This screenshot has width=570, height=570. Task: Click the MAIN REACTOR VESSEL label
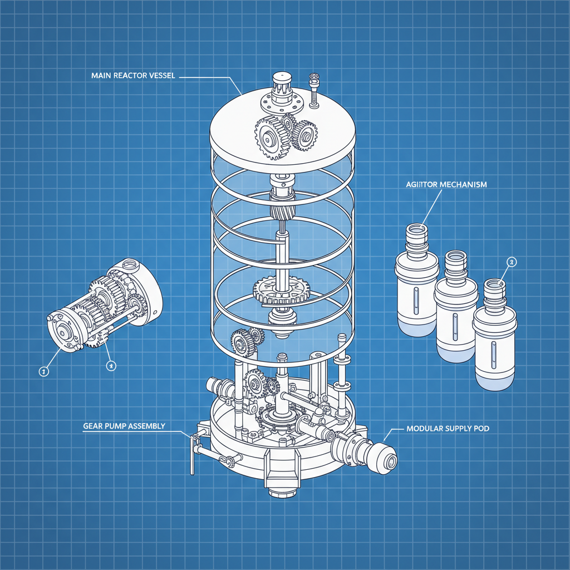pos(133,76)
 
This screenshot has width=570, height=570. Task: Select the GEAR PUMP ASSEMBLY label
pos(124,426)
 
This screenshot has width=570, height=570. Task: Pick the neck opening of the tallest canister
pos(416,229)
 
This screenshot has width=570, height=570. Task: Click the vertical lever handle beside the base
pos(193,456)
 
